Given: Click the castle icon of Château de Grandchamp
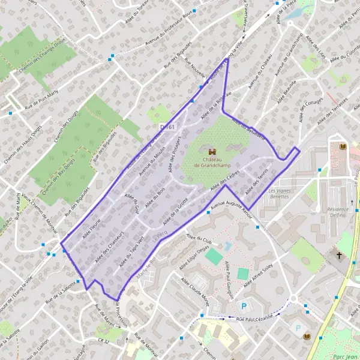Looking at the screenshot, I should tap(211, 152).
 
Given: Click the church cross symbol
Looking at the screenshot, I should tap(339, 256).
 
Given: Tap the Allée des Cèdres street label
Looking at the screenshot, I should tap(226, 181).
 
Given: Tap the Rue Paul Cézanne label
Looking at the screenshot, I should tap(254, 317).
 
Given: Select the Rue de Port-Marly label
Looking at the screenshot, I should tap(43, 106).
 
